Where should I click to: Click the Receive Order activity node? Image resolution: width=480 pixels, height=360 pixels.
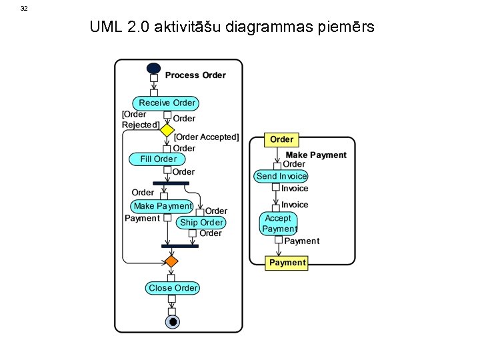pos(166,103)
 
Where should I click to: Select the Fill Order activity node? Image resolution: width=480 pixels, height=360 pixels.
pos(157,159)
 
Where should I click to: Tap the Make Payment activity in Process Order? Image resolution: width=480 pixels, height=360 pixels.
pos(162,206)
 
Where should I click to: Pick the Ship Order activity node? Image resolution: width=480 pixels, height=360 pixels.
pos(201,223)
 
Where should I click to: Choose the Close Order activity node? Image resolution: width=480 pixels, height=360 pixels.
pos(173,288)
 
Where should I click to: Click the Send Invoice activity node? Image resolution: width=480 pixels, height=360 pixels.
pos(281,177)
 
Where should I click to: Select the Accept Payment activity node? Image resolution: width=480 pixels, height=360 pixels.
pos(278,223)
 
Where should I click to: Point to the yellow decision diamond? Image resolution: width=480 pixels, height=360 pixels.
pos(166,129)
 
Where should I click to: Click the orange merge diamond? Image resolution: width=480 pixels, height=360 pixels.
pos(171,261)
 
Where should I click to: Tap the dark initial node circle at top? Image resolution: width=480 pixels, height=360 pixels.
pos(153,68)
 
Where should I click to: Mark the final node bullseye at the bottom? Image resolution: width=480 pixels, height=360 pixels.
pos(172,322)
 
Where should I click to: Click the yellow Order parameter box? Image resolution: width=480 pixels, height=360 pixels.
pos(281,139)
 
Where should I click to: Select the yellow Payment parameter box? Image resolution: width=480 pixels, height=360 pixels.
pos(287,263)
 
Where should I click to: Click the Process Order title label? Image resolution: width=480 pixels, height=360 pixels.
pos(195,75)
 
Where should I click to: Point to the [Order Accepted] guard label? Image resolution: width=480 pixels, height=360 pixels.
pos(206,137)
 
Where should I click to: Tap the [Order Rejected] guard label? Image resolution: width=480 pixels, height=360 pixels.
pos(140,119)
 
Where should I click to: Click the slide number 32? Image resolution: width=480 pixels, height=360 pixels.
pos(24,9)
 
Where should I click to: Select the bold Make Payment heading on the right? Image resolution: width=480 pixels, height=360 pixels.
pos(316,155)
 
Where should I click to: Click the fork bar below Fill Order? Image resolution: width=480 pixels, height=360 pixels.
pos(171,183)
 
